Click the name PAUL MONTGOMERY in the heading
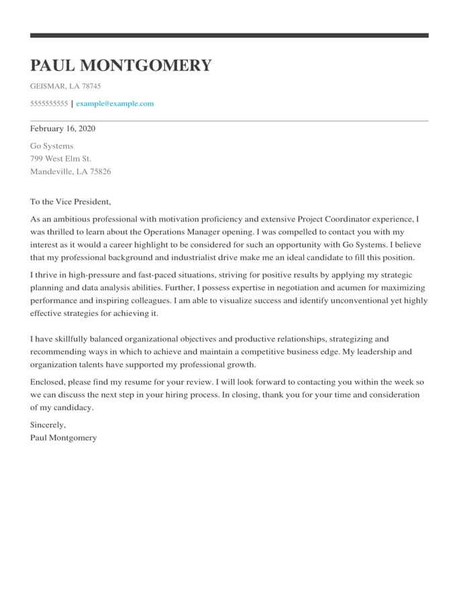pyautogui.click(x=121, y=66)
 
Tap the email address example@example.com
pyautogui.click(x=115, y=104)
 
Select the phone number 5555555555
pyautogui.click(x=49, y=104)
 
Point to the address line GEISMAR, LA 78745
pyautogui.click(x=66, y=86)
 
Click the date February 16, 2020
pyautogui.click(x=63, y=128)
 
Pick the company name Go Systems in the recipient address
pyautogui.click(x=52, y=146)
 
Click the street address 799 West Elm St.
pyautogui.click(x=60, y=159)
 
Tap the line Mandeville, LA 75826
pyautogui.click(x=70, y=172)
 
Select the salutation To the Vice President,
pyautogui.click(x=70, y=202)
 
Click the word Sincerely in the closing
pyautogui.click(x=48, y=425)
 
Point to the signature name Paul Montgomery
pyautogui.click(x=63, y=438)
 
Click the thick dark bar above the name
pyautogui.click(x=229, y=36)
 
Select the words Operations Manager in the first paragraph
pyautogui.click(x=178, y=232)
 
